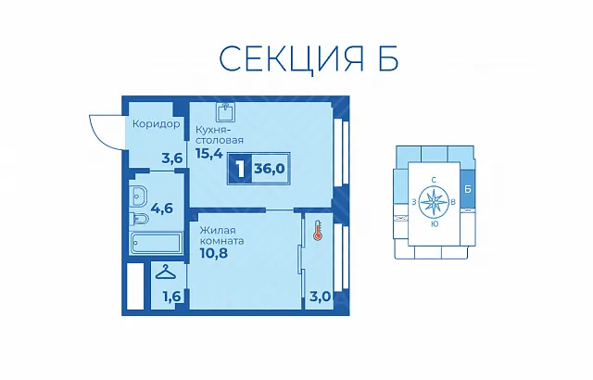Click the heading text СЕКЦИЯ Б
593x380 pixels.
(x=309, y=58)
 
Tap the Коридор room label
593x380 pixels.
(x=157, y=124)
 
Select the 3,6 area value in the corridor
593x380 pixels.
(x=172, y=158)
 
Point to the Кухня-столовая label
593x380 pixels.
(x=220, y=134)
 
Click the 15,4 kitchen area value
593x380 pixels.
(x=209, y=153)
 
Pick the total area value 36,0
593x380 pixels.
(x=270, y=169)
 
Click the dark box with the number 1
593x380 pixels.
(x=240, y=169)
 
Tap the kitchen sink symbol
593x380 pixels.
(x=226, y=111)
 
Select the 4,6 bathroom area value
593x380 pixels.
(x=162, y=208)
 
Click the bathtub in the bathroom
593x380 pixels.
(x=156, y=244)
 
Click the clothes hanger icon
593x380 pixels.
(x=166, y=272)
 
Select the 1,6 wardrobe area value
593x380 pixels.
(x=171, y=297)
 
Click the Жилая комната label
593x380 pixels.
(x=222, y=235)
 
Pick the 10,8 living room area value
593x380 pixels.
(x=214, y=253)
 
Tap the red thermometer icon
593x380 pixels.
(x=317, y=231)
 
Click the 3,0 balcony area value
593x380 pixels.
(x=321, y=297)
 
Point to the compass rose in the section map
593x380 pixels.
(x=434, y=202)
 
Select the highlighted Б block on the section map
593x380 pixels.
(x=467, y=189)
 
